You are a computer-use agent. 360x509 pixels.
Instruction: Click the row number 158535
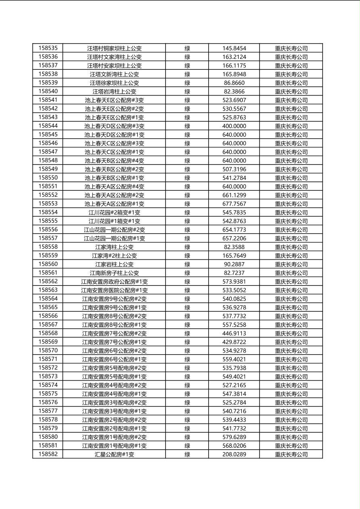coord(48,48)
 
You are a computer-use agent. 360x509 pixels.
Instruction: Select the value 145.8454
coord(234,48)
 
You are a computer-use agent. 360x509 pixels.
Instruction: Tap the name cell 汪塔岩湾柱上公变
coord(114,92)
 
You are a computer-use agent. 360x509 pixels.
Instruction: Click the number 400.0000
coord(234,126)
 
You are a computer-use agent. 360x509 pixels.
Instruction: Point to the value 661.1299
coord(234,195)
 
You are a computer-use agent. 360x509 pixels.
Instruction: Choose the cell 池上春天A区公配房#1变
coord(114,204)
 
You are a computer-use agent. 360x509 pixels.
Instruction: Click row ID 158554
coord(48,213)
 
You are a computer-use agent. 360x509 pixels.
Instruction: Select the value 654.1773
coord(234,230)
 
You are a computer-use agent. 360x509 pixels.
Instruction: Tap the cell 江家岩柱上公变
coord(114,265)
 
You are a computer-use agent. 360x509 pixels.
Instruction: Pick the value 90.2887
coord(234,265)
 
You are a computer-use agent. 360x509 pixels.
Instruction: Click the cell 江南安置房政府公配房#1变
coord(114,282)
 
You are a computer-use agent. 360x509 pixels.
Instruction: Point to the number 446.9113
coord(234,334)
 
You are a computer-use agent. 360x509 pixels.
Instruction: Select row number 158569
coord(48,342)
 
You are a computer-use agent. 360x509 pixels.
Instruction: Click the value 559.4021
coord(234,359)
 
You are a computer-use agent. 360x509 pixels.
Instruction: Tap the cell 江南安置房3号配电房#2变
coord(114,403)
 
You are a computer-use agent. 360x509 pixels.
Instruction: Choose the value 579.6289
coord(234,437)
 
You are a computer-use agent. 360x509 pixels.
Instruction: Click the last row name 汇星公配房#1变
coord(114,455)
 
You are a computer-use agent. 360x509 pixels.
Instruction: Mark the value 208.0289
coord(234,455)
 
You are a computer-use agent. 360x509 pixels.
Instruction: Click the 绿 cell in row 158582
coord(187,455)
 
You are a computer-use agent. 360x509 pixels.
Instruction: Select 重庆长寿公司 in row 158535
coord(291,48)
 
